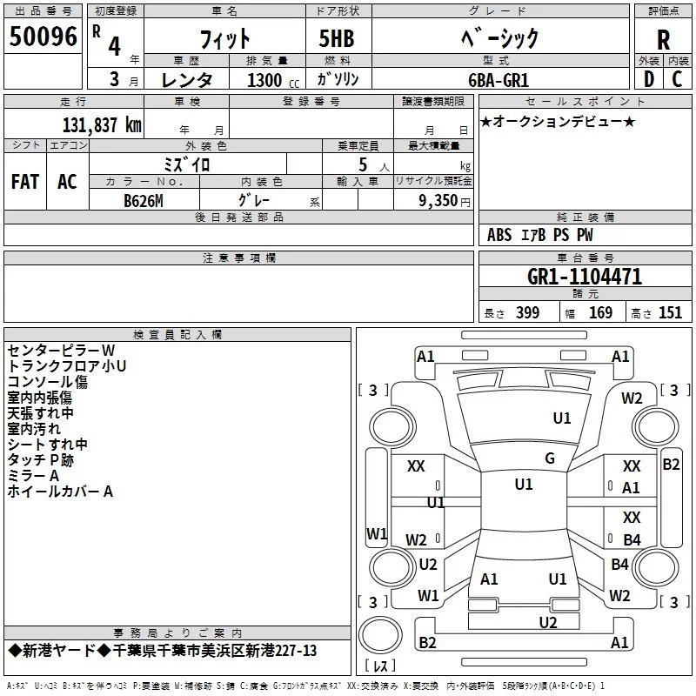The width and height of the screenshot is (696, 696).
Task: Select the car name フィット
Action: point(224,38)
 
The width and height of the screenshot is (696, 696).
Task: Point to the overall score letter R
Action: point(664,40)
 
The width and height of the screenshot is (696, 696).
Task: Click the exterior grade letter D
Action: point(648,79)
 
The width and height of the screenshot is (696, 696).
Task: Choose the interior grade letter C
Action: point(677,79)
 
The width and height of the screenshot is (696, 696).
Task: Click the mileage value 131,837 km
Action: point(102,124)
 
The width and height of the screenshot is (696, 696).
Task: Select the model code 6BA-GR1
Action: point(509,79)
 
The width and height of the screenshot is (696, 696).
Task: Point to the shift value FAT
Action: point(24,182)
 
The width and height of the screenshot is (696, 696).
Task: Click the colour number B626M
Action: point(144,200)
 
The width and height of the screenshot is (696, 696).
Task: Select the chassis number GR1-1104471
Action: point(585,277)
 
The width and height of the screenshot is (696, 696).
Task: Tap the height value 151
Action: point(670,313)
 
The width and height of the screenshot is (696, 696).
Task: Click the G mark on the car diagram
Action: point(549,458)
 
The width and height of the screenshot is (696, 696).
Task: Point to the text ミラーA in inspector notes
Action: point(33,475)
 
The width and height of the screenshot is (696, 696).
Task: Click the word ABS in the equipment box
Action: point(499,235)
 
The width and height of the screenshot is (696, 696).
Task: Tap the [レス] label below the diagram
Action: point(379,667)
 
